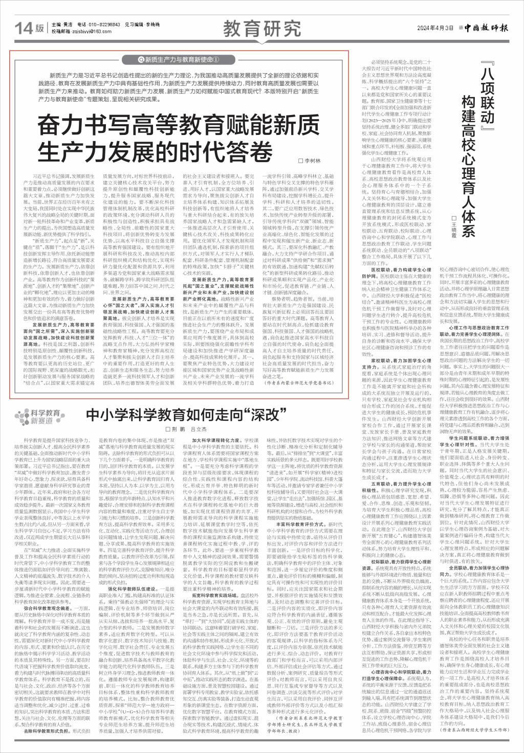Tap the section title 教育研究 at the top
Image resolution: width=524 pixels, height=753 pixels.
[261, 29]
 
